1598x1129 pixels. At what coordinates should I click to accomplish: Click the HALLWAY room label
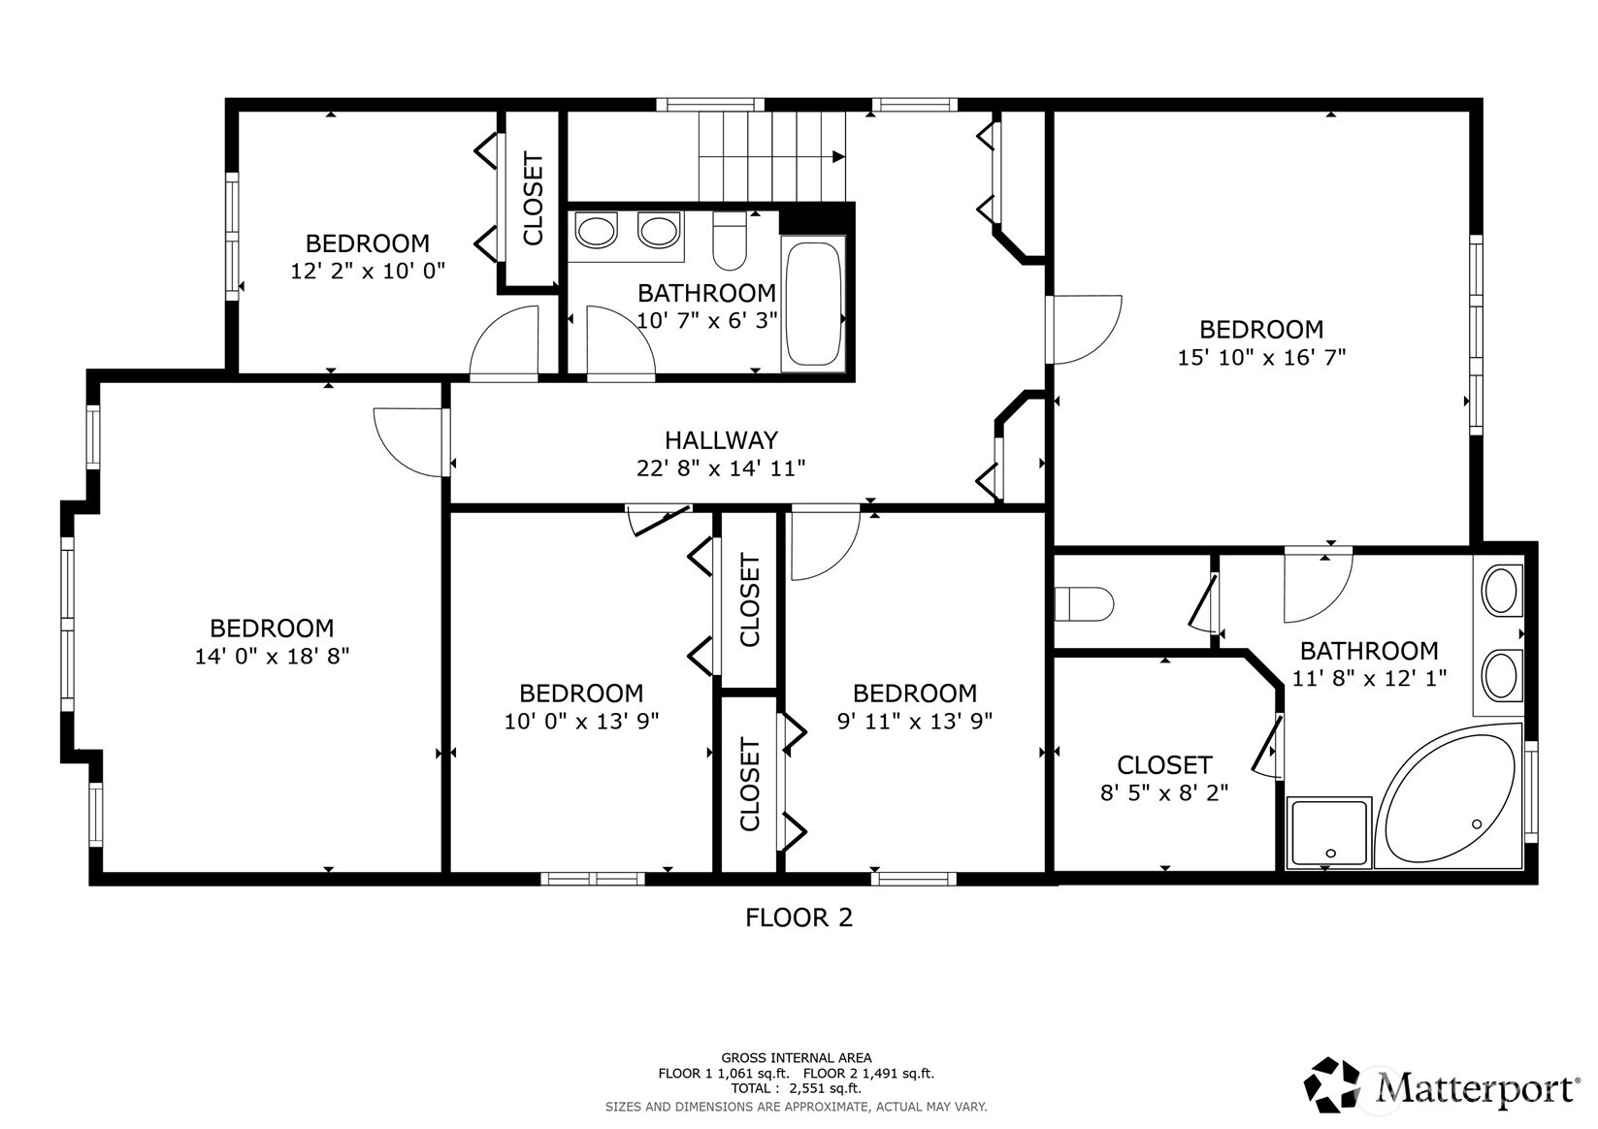point(721,440)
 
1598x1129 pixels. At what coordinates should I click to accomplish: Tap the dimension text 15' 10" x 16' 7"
point(1261,357)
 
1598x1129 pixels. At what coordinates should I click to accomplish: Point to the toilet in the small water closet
point(1084,604)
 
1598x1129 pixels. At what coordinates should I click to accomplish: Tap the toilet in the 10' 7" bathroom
point(729,241)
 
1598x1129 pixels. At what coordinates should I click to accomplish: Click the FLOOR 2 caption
point(799,918)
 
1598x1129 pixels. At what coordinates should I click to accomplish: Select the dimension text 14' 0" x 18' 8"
point(272,656)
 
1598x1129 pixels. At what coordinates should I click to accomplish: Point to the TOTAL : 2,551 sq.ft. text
point(796,1088)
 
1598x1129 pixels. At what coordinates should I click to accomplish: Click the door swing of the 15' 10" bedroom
point(1085,330)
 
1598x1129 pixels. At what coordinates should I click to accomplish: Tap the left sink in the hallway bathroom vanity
point(595,233)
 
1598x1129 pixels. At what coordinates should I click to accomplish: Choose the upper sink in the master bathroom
point(1501,591)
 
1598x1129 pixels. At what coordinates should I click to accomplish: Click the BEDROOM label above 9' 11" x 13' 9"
point(914,694)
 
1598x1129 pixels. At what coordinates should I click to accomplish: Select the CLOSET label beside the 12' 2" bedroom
point(533,199)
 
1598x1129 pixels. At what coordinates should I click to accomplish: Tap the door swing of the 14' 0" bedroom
point(409,441)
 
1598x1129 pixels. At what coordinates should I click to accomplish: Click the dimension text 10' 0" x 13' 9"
point(581,722)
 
